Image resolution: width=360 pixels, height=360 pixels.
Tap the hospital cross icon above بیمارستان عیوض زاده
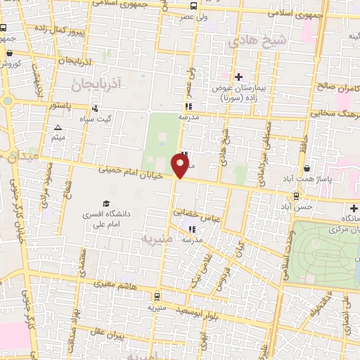(x=238, y=77)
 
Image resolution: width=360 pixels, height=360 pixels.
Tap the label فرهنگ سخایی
(x=334, y=111)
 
